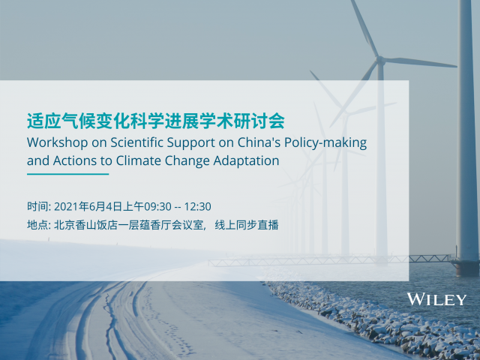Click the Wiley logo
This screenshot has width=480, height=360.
pyautogui.click(x=436, y=299)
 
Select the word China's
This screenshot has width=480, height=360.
pyautogui.click(x=259, y=142)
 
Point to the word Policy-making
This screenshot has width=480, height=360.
pyautogui.click(x=325, y=143)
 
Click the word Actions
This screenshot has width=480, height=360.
pyautogui.click(x=75, y=160)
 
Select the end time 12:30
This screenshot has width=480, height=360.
pyautogui.click(x=197, y=207)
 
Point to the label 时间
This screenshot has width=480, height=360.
pyautogui.click(x=36, y=206)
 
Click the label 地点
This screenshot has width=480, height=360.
pyautogui.click(x=36, y=225)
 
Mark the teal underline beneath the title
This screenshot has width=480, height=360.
pyautogui.click(x=68, y=174)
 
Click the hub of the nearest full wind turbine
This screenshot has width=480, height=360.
pyautogui.click(x=380, y=60)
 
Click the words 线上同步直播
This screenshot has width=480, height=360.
pyautogui.click(x=247, y=225)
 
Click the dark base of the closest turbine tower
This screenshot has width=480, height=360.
pyautogui.click(x=467, y=268)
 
